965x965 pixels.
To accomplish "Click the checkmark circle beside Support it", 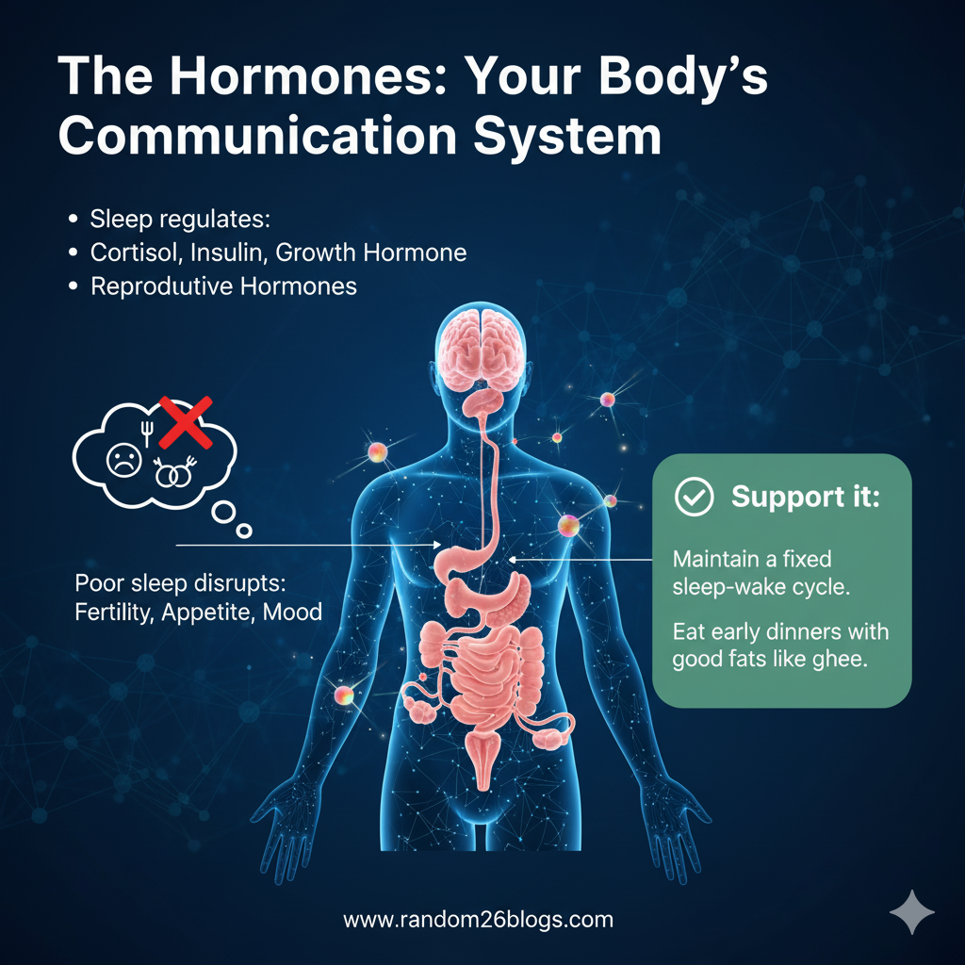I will pyautogui.click(x=695, y=499).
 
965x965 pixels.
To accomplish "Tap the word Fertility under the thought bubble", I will pyautogui.click(x=113, y=613).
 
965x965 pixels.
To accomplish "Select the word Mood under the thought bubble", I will pyautogui.click(x=292, y=613).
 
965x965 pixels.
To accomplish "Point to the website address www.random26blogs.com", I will pyautogui.click(x=479, y=920).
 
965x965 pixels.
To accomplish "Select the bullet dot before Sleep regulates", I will pyautogui.click(x=74, y=220).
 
